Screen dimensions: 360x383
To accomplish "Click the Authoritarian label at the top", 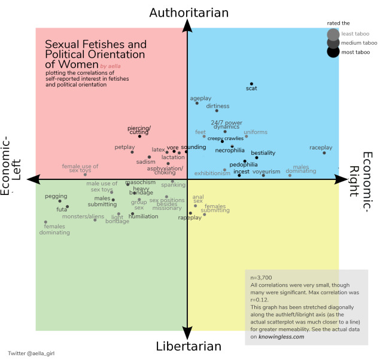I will (189, 13).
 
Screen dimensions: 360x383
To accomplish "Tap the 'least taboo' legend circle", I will (333, 33).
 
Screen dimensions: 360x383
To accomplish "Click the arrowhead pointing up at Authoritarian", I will (188, 25).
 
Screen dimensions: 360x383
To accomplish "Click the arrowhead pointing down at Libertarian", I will (188, 334).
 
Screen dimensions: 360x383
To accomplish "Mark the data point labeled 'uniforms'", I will (246, 136).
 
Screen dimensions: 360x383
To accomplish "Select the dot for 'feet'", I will (204, 136).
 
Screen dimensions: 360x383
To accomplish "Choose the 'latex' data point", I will (168, 152).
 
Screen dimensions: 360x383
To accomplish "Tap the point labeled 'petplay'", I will (132, 152).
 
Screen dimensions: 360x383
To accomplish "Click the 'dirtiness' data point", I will (217, 111).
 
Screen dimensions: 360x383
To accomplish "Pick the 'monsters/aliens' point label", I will (83, 216).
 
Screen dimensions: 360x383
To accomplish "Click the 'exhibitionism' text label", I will (212, 173).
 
